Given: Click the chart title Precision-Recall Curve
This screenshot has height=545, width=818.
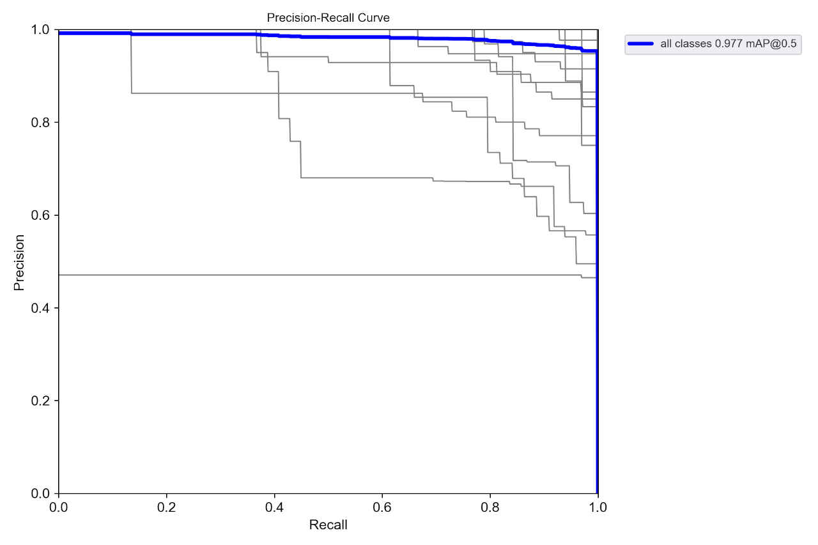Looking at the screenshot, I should point(328,18).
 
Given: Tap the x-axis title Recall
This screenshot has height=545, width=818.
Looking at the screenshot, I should point(328,525).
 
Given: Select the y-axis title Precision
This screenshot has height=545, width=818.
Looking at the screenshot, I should point(20,262).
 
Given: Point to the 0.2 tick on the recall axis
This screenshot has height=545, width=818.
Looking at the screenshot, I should point(166,508).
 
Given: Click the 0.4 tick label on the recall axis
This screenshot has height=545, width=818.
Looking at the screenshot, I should point(274,508).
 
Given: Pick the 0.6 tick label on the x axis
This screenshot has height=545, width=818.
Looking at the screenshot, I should point(382,508).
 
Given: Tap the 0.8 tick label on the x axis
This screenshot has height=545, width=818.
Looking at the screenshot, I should point(490,508).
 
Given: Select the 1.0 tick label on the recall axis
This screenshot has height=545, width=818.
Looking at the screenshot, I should point(598,508).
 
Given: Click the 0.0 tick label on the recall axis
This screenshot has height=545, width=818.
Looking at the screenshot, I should point(59,508).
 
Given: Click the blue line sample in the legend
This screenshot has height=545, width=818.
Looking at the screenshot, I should point(640,43).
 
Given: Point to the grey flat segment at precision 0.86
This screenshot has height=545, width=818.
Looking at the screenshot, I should point(256,93).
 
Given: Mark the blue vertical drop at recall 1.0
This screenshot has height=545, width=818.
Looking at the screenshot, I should point(597,288).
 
